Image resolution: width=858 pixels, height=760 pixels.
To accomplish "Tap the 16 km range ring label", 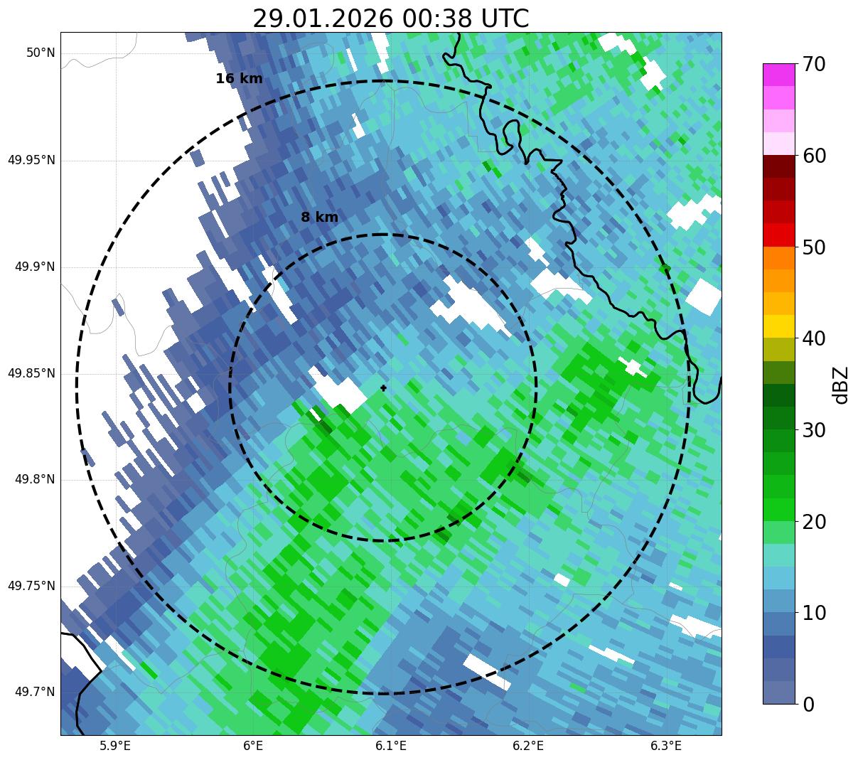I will [x=239, y=79].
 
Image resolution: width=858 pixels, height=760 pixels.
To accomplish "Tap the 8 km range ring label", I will [x=319, y=218].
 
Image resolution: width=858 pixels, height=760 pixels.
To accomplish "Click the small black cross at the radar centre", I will [x=384, y=387].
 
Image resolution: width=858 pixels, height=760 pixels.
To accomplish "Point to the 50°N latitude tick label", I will [x=41, y=53].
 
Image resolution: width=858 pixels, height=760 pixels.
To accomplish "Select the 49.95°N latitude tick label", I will [x=31, y=160].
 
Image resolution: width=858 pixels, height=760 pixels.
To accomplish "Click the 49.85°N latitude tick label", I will [x=31, y=373].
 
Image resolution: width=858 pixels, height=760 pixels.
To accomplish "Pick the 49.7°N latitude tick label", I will [x=35, y=692].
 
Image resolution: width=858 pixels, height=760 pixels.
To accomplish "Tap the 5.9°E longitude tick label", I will [x=115, y=746].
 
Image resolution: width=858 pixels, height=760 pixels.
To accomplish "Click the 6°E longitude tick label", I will [x=253, y=746].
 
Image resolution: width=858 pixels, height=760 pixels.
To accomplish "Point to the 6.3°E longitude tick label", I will [x=666, y=746].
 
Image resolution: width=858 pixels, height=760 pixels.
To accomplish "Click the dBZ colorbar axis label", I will [x=842, y=385].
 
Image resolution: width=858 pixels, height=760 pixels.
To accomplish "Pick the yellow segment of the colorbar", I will [x=779, y=327].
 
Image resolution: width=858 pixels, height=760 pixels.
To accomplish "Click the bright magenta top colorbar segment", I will [x=779, y=75].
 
